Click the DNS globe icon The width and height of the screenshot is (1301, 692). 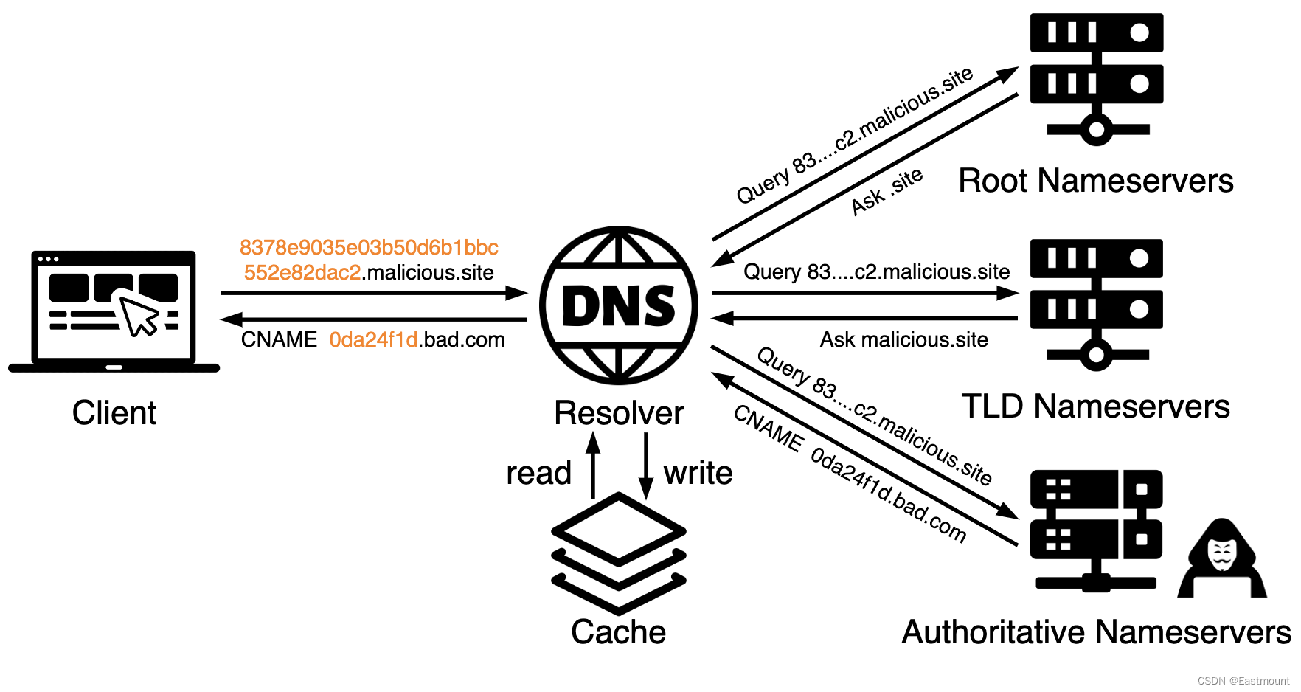click(x=619, y=305)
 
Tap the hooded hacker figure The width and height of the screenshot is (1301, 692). click(x=1222, y=559)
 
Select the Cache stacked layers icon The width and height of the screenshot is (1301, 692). click(x=619, y=553)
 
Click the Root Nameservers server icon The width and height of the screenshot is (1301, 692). click(x=1097, y=78)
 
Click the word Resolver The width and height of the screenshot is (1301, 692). click(x=619, y=413)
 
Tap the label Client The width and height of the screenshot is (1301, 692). click(x=114, y=413)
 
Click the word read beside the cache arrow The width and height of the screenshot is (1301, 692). click(x=538, y=474)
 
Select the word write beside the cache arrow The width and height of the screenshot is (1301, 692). click(x=698, y=474)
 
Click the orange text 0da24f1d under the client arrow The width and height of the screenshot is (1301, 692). click(x=373, y=340)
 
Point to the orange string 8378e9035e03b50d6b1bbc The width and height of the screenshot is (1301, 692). click(x=369, y=247)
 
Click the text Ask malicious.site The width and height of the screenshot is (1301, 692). click(x=904, y=340)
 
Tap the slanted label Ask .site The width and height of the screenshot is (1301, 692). click(x=887, y=191)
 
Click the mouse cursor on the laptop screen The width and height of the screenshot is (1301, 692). click(x=139, y=316)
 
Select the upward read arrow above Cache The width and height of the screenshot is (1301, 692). click(x=593, y=465)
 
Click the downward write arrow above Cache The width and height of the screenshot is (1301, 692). click(x=646, y=465)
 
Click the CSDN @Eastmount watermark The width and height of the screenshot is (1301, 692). click(x=1243, y=681)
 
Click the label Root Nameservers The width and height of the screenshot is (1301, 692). click(x=1096, y=181)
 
